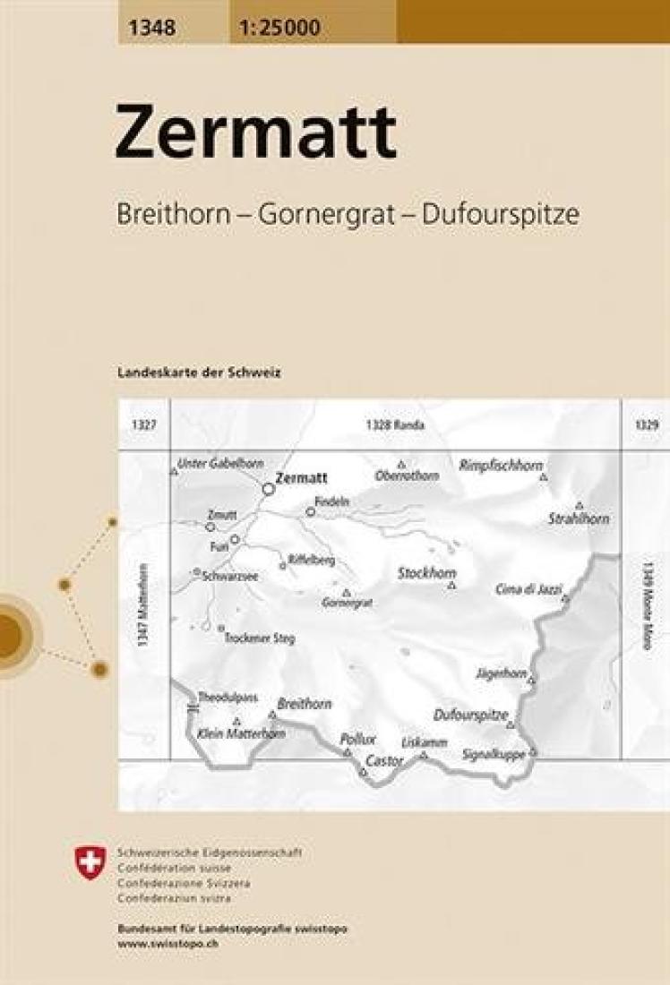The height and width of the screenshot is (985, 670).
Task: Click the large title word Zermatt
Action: pos(255,133)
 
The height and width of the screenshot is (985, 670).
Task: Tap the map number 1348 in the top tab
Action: pos(151,29)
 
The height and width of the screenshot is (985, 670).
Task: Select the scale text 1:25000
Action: pos(279,29)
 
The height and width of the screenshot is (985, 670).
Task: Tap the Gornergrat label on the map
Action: pos(347,604)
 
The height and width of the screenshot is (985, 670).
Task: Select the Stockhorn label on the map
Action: pos(426,573)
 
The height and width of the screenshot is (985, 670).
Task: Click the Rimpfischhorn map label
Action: pos(501,466)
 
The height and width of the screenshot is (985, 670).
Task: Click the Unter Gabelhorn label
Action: pos(220,463)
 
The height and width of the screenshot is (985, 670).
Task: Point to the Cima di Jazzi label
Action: pos(528,589)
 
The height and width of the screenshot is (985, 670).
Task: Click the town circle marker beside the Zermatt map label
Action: pos(268,489)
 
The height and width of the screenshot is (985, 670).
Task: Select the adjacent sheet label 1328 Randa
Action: pos(394,425)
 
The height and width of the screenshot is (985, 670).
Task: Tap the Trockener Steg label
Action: pos(260,639)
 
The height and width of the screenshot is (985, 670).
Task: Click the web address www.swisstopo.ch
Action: pos(161,943)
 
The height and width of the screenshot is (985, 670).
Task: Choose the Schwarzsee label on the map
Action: pos(230,577)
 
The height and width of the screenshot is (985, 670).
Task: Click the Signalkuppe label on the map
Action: pos(493,754)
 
